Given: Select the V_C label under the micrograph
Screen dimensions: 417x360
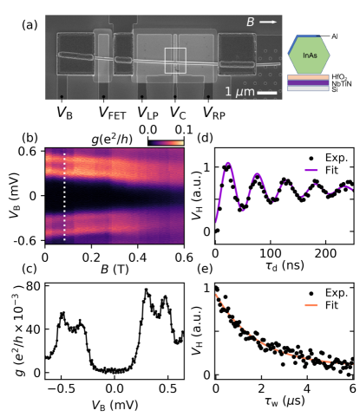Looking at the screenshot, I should tap(177, 111).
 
